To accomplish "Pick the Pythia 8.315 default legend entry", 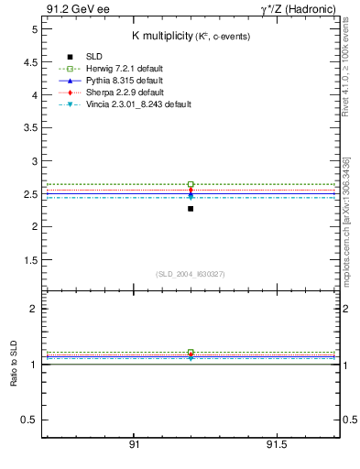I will (x=114, y=81).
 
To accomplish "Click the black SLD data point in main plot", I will (x=191, y=209).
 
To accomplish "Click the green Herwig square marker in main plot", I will (x=191, y=184).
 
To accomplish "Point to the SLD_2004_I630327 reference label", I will (x=190, y=274).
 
